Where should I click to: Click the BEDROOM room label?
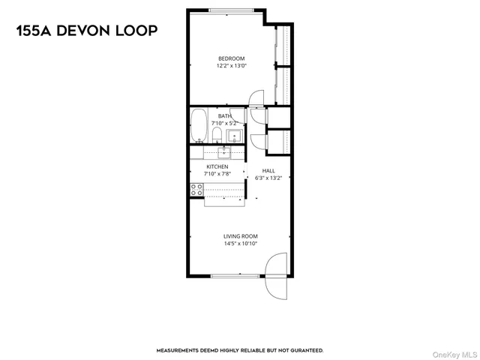pos(231,58)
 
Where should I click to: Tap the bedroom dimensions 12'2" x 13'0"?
pos(231,66)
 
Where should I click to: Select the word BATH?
pos(224,116)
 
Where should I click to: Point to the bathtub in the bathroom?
pos(199,125)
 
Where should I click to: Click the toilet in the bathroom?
pos(216,135)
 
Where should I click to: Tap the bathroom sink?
pos(234,136)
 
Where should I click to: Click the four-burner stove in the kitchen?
pos(197,190)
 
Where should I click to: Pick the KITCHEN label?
pos(217,166)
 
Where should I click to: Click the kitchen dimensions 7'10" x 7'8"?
pos(217,174)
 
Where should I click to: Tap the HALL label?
pos(268,171)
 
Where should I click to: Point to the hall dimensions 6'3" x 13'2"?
pos(268,178)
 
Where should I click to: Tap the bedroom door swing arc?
pos(256,97)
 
